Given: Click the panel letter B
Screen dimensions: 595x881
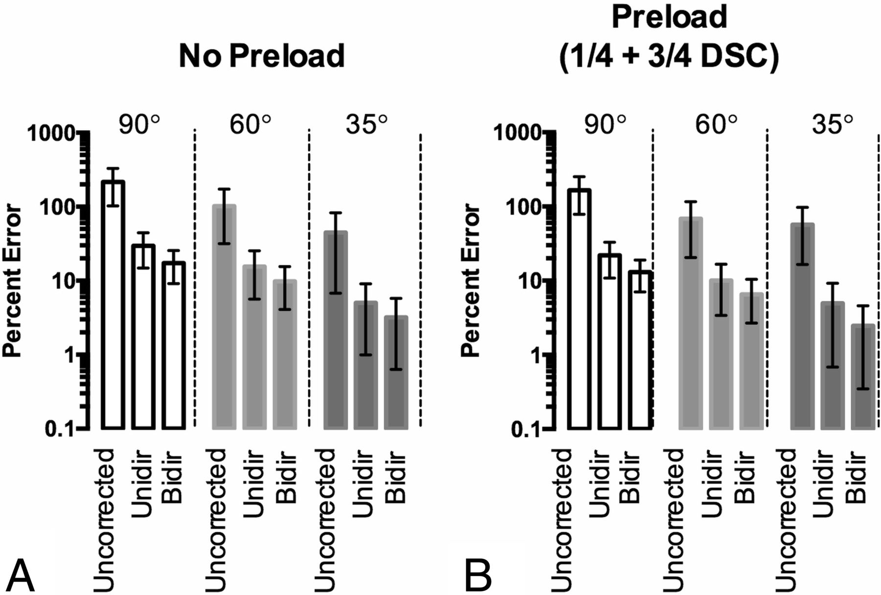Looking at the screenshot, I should [478, 576].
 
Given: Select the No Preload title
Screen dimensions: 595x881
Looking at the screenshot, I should [262, 55].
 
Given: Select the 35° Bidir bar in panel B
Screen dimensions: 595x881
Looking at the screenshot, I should [863, 377].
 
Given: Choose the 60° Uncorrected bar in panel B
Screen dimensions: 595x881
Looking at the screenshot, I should [691, 323].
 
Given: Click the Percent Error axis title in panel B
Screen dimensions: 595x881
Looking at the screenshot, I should [472, 281].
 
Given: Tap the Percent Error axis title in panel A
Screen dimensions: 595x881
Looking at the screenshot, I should [12, 281].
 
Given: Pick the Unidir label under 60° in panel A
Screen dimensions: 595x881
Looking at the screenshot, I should [254, 478].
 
